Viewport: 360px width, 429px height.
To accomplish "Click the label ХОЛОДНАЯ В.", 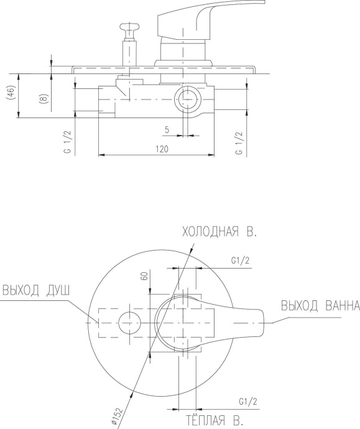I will pos(219,233).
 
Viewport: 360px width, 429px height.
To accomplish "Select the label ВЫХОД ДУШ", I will pos(35,290).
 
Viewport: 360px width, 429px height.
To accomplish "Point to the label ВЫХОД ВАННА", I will pos(320,306).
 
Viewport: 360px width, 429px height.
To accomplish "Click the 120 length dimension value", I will pos(164,149).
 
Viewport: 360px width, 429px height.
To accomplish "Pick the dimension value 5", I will pos(167,129).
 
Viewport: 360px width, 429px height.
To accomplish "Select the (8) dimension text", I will pos(43,100).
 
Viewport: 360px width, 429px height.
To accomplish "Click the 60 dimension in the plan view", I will pos(144,276).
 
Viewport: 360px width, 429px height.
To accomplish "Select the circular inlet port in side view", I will pos(187,99).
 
